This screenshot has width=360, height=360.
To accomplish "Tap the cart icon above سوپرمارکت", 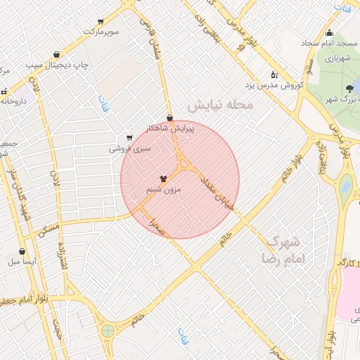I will tap(100, 22).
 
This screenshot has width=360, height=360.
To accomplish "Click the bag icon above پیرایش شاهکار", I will tap(169, 117).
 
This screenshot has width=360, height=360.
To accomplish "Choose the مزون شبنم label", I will tap(163, 190).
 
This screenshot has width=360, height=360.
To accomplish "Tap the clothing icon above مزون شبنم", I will tap(163, 179).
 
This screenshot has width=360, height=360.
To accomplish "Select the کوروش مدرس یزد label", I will tap(274, 85).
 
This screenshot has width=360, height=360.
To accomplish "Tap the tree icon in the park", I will tap(349, 89).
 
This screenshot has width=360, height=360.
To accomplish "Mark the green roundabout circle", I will tap(108, 330).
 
